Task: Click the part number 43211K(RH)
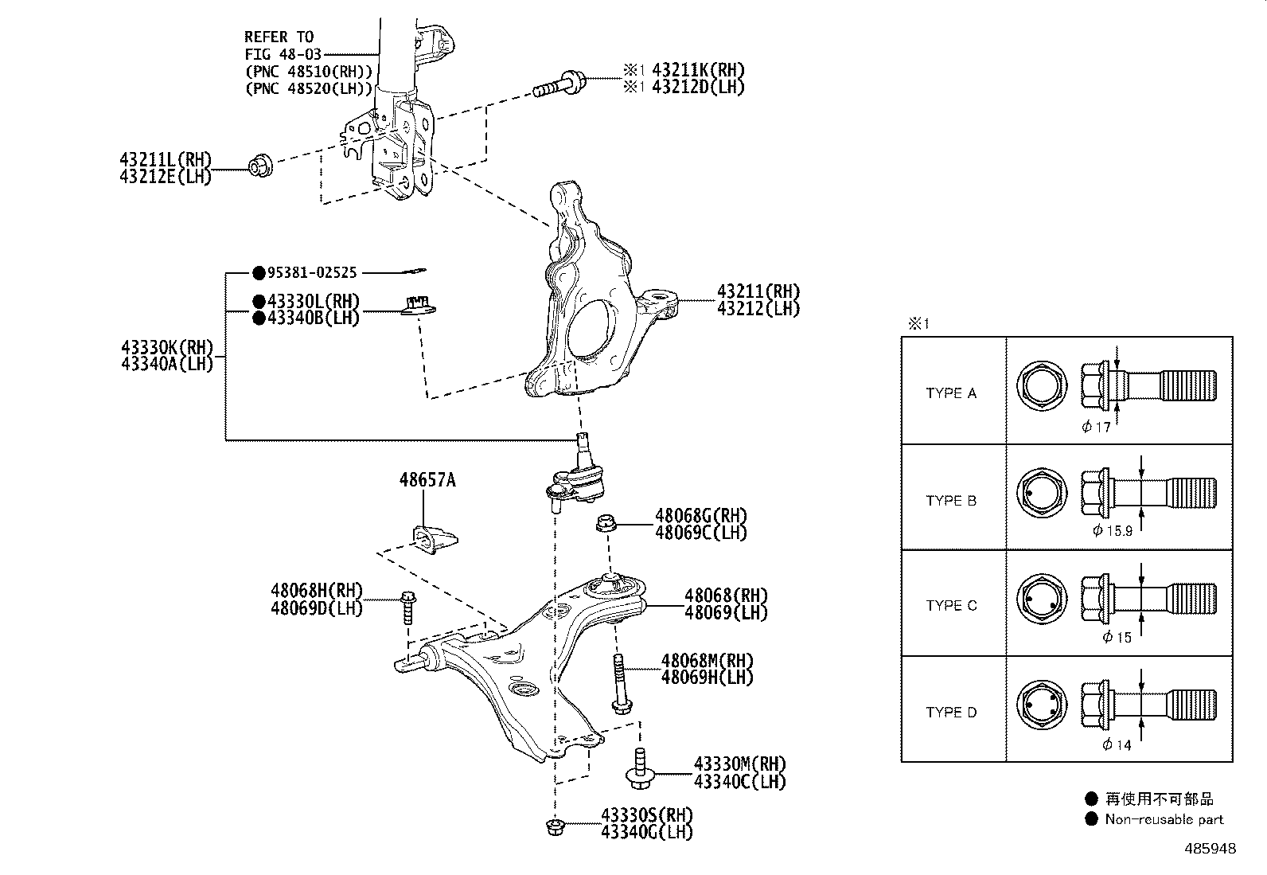click(698, 71)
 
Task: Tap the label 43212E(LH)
click(166, 177)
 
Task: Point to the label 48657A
click(427, 480)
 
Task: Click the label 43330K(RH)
click(167, 348)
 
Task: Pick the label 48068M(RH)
click(707, 661)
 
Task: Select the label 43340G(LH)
click(646, 833)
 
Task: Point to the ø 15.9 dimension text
click(1112, 531)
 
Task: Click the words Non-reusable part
click(1164, 819)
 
